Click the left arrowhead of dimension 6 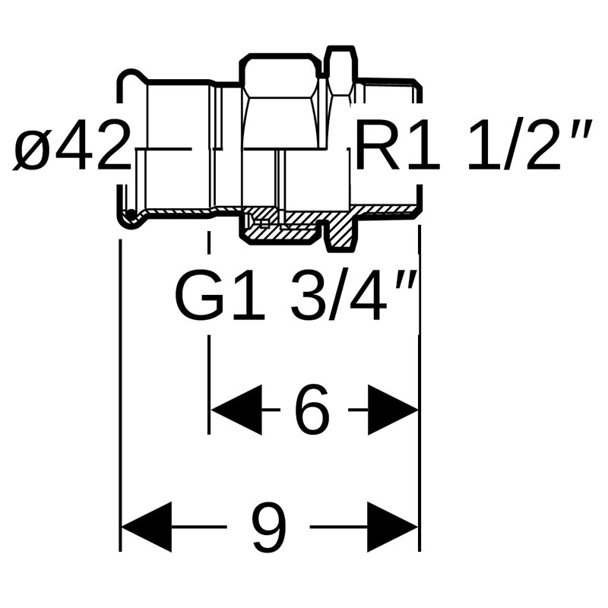(x=236, y=410)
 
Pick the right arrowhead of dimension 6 (x=392, y=410)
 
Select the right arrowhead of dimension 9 (x=392, y=527)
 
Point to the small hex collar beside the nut (x=340, y=72)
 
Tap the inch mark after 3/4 (x=411, y=277)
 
